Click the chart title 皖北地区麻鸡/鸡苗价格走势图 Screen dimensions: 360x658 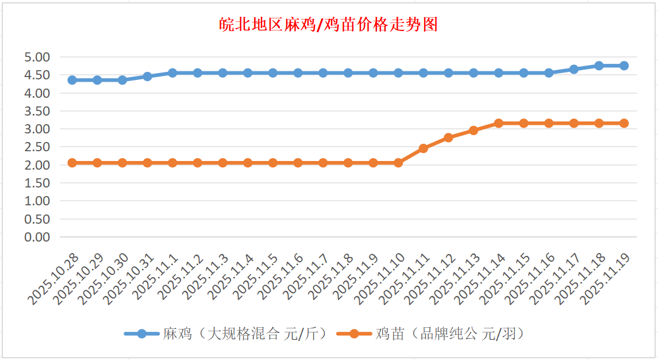click(329, 25)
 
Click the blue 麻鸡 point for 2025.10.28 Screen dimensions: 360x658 click(72, 80)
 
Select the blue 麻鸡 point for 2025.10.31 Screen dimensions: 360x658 click(148, 76)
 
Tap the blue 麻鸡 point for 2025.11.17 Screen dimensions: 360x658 click(574, 69)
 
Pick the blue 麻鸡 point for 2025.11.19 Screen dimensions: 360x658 click(624, 66)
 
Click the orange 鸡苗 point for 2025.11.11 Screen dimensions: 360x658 click(424, 148)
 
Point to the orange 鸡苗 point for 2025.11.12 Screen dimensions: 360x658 click(448, 137)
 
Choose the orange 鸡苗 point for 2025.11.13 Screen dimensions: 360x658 click(474, 131)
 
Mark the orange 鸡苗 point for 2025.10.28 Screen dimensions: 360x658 click(72, 163)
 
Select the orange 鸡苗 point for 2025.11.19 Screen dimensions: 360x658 click(624, 123)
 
